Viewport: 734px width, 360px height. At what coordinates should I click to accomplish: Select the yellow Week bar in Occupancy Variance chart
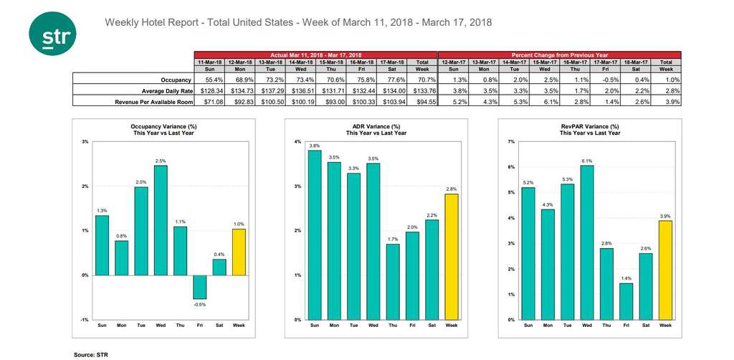point(239,252)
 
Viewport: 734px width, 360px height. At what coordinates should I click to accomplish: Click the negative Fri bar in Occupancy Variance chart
point(199,287)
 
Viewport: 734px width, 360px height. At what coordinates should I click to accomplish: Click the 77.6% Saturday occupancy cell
point(393,80)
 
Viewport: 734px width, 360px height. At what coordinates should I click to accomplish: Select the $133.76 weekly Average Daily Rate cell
point(422,91)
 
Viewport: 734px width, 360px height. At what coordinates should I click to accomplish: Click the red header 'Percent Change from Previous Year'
point(559,55)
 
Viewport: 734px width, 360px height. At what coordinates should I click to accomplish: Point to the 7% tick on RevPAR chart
point(512,142)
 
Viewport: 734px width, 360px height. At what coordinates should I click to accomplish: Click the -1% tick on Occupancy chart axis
point(85,320)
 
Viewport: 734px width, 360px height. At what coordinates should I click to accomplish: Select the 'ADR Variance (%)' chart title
point(373,127)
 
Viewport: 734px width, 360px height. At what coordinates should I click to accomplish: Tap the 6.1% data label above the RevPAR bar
point(587,161)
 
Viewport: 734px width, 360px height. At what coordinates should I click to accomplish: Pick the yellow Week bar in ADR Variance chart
point(451,257)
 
